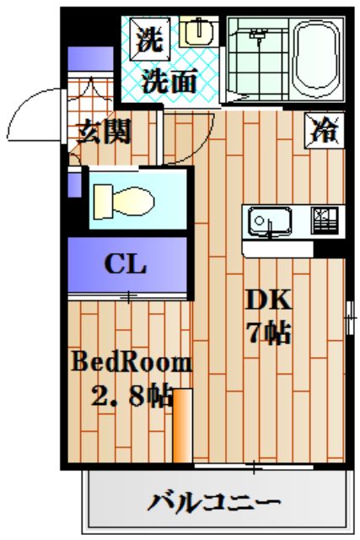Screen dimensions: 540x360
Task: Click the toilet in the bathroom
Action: [x=123, y=202]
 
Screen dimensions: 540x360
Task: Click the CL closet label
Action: [x=126, y=264]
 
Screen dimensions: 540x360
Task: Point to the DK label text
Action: [x=268, y=300]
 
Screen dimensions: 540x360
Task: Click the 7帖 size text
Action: [x=268, y=333]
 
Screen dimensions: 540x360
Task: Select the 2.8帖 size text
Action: [x=131, y=395]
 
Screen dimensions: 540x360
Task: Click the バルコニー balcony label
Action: [x=214, y=503]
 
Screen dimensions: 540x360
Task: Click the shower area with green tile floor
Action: [x=257, y=57]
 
